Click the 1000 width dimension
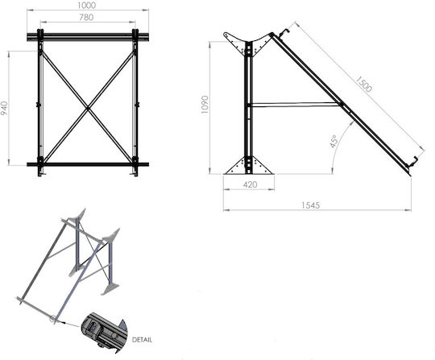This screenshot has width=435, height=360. (x=86, y=6)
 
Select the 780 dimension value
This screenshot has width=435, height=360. (x=86, y=18)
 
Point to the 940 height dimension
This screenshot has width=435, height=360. (x=5, y=109)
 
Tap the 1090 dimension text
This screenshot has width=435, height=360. (x=205, y=105)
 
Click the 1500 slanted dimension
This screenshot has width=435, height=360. (x=363, y=84)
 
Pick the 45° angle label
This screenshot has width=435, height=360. (x=333, y=142)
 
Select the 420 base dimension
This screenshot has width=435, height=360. (x=250, y=184)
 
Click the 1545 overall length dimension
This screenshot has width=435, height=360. (x=311, y=205)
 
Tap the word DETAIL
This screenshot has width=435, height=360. (x=142, y=340)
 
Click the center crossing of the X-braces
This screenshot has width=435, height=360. (x=88, y=109)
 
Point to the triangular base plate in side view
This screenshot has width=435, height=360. (x=249, y=166)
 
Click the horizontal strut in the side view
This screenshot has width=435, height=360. (x=295, y=105)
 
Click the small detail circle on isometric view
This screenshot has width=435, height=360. (x=52, y=319)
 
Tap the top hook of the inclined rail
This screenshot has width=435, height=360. (x=284, y=32)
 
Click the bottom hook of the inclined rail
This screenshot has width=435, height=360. (x=412, y=162)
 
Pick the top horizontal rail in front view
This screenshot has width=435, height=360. (x=88, y=36)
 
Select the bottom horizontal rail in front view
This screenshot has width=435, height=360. (x=88, y=164)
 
